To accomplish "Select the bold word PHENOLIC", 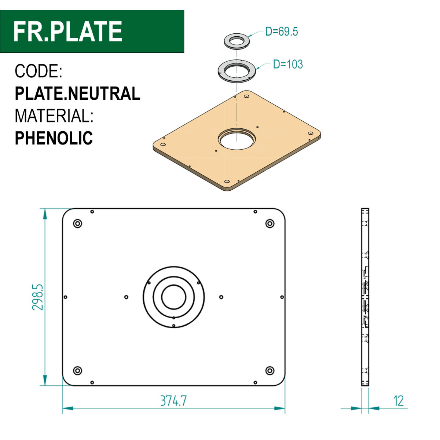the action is click(x=54, y=138).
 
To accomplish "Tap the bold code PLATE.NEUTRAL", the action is click(x=77, y=93).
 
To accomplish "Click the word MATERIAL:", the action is click(x=54, y=116).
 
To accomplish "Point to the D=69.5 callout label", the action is click(x=281, y=31).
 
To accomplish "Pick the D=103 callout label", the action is click(x=288, y=64).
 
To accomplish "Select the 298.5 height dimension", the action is click(x=37, y=297).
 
